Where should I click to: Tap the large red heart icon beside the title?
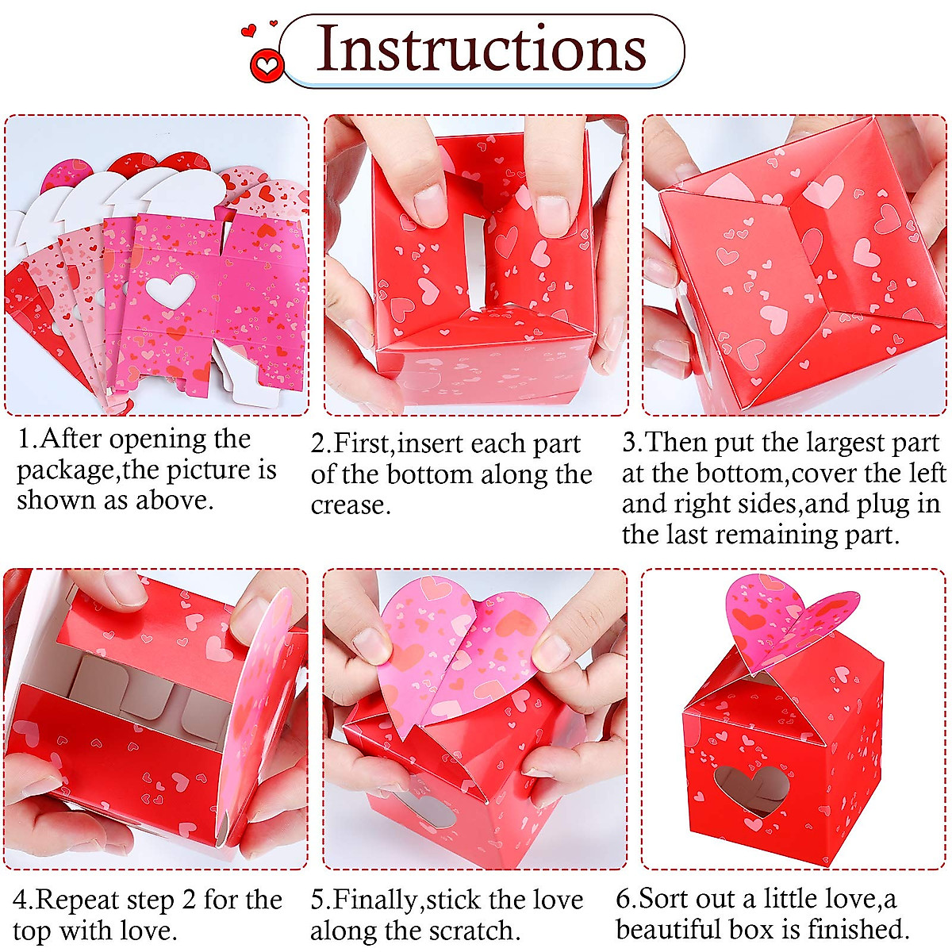click(x=267, y=63)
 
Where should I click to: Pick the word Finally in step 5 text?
click(x=378, y=900)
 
